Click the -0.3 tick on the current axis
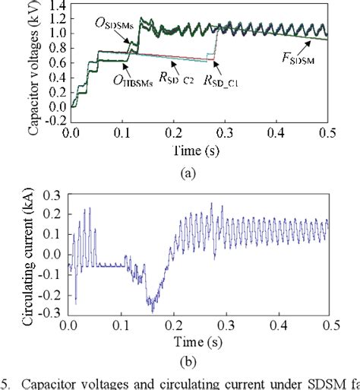click(50, 313)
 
